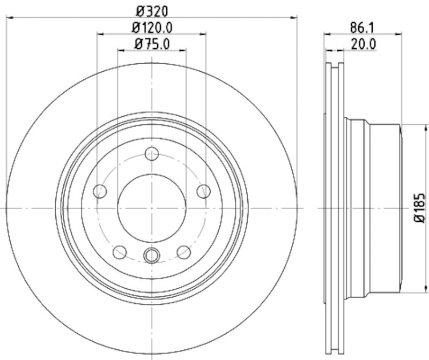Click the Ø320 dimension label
152,10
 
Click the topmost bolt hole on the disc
152,155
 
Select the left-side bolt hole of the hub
100,191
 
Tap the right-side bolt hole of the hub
204,191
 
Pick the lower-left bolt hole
120,251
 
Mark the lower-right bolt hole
184,251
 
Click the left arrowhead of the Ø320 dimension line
9,18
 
